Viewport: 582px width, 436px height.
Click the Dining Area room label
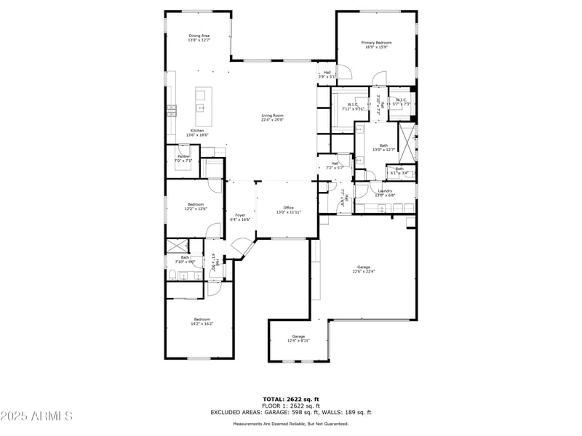pyautogui.click(x=199, y=38)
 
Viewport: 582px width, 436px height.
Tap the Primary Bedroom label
pyautogui.click(x=377, y=45)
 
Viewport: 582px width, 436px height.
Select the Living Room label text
pyautogui.click(x=273, y=118)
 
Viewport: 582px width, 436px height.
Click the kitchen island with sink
pyautogui.click(x=203, y=102)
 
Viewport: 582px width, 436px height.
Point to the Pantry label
pyautogui.click(x=183, y=158)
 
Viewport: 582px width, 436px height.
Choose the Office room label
pyautogui.click(x=288, y=210)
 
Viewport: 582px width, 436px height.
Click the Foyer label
pyautogui.click(x=240, y=217)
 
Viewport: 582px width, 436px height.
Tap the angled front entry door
pyautogui.click(x=240, y=251)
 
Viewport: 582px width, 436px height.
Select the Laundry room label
pyautogui.click(x=384, y=193)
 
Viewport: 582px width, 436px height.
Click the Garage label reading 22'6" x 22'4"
pyautogui.click(x=363, y=269)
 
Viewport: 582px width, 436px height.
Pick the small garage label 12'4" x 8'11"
pyautogui.click(x=298, y=338)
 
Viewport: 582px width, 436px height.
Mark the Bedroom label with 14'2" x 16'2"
pyautogui.click(x=202, y=321)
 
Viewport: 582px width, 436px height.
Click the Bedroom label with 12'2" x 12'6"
pyautogui.click(x=196, y=206)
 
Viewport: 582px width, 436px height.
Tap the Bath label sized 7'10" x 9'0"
pyautogui.click(x=186, y=259)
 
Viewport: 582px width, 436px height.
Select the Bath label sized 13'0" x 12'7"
pyautogui.click(x=383, y=148)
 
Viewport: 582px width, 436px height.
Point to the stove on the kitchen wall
pyautogui.click(x=172, y=110)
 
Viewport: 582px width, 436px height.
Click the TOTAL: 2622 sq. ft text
pyautogui.click(x=290, y=399)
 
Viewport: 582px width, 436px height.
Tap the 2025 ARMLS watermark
pyautogui.click(x=36, y=416)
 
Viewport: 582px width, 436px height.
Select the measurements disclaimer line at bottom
pyautogui.click(x=290, y=424)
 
